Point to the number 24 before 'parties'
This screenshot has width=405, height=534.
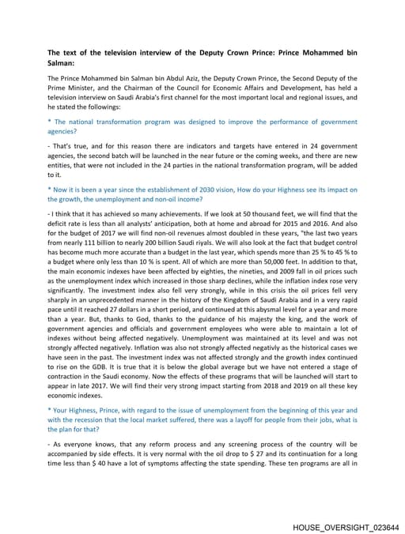(x=156, y=166)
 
